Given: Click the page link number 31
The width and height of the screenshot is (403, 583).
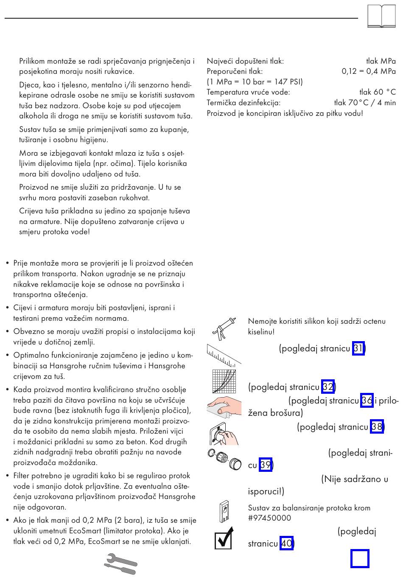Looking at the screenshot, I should (x=358, y=349).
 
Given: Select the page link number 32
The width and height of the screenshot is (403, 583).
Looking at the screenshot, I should (x=328, y=387).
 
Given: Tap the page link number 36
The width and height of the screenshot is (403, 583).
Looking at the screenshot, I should (x=367, y=401).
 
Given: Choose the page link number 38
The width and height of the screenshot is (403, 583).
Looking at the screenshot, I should (x=376, y=426).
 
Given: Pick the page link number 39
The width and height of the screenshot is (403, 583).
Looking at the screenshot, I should (x=266, y=465).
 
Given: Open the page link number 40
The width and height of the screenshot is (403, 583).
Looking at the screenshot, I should (x=286, y=543).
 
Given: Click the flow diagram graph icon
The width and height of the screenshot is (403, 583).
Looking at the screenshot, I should (x=224, y=381).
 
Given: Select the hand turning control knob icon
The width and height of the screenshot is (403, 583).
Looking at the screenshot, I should (x=224, y=433).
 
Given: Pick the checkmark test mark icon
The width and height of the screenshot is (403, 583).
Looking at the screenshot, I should (x=224, y=538).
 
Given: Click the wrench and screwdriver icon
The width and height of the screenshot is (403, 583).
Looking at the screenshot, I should (x=120, y=564).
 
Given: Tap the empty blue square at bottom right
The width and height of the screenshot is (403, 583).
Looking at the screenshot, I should (x=360, y=558).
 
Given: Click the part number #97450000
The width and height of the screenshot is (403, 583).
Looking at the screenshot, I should (x=269, y=518).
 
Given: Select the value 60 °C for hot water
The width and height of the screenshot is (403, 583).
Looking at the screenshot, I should (x=384, y=92).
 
